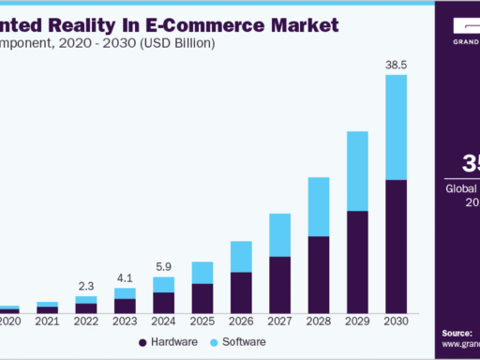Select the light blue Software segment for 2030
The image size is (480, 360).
(397, 127)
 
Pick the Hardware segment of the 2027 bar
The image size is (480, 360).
(279, 284)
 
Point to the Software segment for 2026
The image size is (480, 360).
(241, 256)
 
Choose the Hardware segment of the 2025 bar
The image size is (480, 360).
(202, 298)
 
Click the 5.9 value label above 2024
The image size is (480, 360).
(163, 266)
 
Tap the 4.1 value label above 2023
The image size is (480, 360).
(125, 277)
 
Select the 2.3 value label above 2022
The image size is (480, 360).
(86, 286)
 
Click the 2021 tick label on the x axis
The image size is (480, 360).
(47, 322)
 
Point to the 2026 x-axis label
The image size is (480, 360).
(241, 322)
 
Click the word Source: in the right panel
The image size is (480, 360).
(457, 333)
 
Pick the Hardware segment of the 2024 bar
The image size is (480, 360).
(163, 303)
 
